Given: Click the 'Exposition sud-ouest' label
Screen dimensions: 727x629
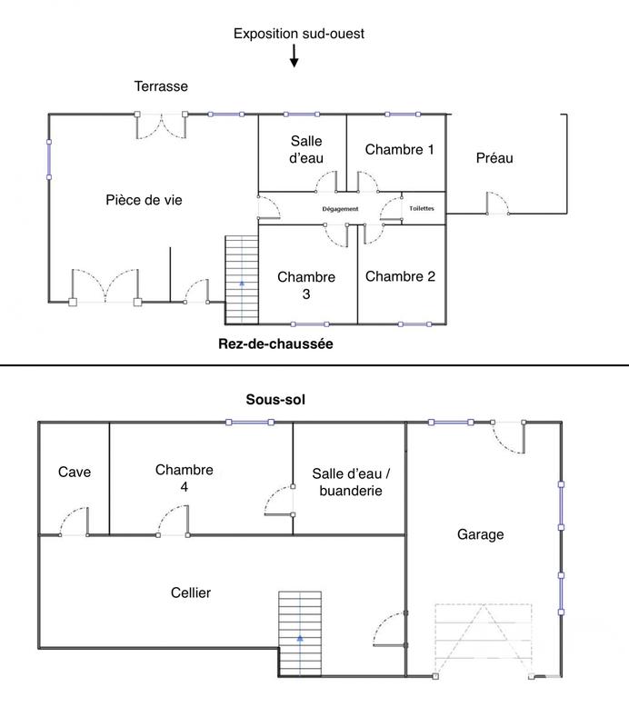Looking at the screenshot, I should [x=299, y=35].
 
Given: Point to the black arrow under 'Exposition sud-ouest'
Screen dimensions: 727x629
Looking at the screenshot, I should [x=294, y=57].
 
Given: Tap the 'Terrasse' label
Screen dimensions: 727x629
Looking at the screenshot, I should [x=161, y=86].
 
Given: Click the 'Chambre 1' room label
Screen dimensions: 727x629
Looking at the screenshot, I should [x=400, y=150].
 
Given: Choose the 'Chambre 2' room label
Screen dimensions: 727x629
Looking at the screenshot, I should [x=400, y=277].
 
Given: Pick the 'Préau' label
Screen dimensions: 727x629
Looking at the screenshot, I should [x=494, y=158].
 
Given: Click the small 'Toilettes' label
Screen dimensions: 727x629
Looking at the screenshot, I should [x=422, y=208].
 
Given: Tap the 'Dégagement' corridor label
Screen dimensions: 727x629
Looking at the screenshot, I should [x=341, y=209].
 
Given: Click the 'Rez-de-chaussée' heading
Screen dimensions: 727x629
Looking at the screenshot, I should [x=276, y=344].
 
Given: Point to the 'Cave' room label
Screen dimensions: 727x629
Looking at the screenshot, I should [x=75, y=473].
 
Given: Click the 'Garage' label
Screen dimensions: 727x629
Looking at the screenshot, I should [x=480, y=535].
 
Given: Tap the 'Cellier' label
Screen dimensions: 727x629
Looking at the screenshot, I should [x=191, y=593].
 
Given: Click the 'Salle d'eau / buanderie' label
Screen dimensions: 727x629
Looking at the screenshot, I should [x=346, y=482].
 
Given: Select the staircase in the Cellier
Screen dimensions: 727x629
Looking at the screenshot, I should [x=300, y=632].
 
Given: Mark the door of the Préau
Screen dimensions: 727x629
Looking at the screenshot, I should [x=496, y=204].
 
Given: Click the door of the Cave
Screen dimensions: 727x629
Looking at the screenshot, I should [x=74, y=524].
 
